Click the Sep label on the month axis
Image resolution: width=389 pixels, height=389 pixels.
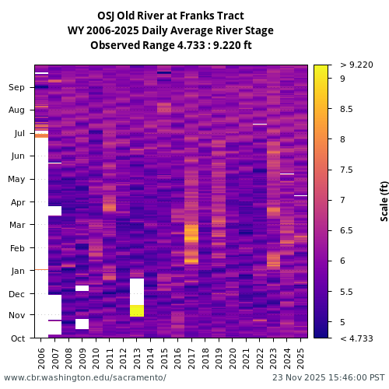17,87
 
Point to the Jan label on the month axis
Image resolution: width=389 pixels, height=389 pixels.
17,271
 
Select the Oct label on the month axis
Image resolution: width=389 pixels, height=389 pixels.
17,338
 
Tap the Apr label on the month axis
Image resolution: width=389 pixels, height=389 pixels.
17,202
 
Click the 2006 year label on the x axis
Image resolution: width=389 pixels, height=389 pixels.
41,359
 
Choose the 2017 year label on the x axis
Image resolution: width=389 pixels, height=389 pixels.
191,359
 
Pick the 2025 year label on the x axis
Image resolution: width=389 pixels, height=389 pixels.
300,359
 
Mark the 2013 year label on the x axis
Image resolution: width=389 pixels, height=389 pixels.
136,359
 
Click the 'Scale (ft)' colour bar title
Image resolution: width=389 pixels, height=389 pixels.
384,201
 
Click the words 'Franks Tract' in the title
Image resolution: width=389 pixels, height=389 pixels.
213,16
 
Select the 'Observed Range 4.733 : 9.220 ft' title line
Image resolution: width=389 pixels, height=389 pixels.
170,45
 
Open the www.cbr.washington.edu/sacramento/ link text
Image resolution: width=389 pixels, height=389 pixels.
85,377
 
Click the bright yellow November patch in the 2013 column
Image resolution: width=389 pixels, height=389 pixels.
136,310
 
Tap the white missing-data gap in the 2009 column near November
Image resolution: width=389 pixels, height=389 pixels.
82,324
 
